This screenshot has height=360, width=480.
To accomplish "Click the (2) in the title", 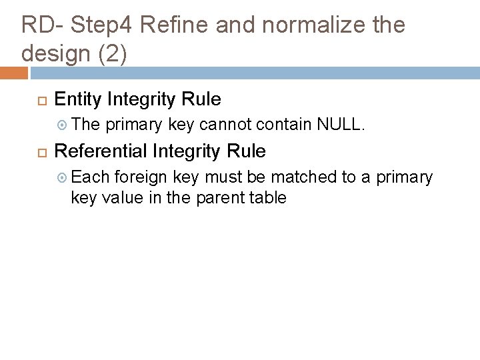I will (113, 53).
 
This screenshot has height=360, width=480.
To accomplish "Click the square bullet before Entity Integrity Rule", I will (40, 101).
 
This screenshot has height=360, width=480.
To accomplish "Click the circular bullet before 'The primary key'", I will (61, 125).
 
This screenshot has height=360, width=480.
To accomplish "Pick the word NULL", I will (340, 124).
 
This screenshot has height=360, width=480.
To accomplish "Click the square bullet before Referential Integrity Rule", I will (40, 153).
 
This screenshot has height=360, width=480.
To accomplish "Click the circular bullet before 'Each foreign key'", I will (61, 177).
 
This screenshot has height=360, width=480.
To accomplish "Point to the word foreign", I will (142, 177).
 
